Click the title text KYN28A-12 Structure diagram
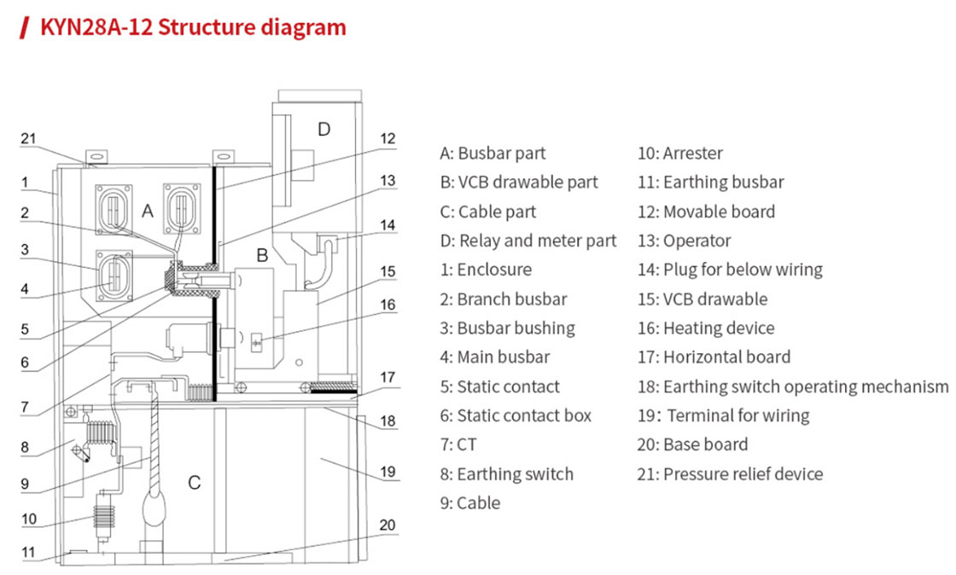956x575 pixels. pos(193,27)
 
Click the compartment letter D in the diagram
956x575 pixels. pos(324,129)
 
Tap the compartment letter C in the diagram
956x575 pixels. pos(195,483)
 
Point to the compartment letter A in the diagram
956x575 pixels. pos(147,211)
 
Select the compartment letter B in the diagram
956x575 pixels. pos(263,254)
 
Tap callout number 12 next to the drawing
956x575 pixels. pos(388,138)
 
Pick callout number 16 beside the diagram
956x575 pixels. pos(388,305)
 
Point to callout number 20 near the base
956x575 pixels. pos(388,526)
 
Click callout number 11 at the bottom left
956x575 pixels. pos(29,552)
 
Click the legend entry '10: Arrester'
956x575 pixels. pos(679,154)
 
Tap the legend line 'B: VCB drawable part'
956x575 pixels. pos(519,183)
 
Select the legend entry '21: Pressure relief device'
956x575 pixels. pos(730,473)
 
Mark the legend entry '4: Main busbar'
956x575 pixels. pos(495,357)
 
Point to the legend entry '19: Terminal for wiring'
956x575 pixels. pos(723,415)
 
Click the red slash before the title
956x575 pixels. pos(26,27)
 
